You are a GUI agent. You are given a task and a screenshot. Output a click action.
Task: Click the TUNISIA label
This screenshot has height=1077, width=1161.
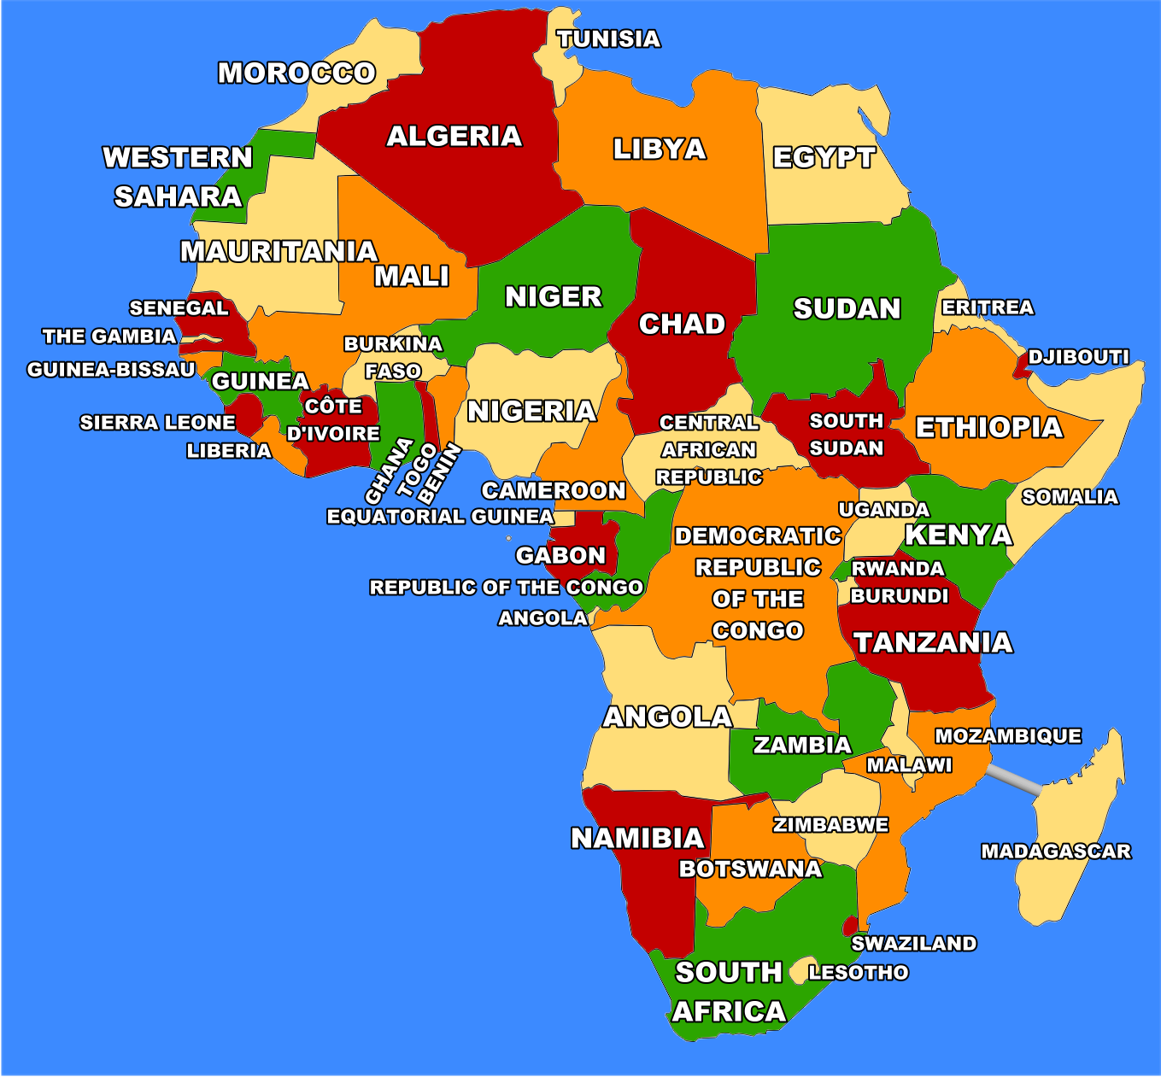608,39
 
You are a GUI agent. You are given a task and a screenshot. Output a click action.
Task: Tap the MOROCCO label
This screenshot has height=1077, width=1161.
296,73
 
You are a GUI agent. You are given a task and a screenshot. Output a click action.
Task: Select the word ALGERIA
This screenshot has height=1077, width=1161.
454,137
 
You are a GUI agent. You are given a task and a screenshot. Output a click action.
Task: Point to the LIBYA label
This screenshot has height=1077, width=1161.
660,149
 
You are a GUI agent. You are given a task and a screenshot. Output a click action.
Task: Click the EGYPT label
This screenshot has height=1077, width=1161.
824,158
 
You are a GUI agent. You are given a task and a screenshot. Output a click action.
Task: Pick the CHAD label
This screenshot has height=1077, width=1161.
682,325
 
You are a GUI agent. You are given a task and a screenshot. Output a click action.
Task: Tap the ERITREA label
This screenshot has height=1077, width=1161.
988,307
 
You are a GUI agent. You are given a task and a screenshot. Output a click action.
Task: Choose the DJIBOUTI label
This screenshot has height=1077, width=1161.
1078,357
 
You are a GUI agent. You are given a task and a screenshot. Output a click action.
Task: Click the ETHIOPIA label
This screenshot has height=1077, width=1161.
988,428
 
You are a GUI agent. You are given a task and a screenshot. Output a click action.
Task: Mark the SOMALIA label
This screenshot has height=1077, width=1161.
1070,497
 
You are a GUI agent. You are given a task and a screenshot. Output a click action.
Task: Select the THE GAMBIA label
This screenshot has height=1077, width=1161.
109,337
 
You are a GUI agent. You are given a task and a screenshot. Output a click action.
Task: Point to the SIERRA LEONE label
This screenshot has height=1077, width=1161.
157,423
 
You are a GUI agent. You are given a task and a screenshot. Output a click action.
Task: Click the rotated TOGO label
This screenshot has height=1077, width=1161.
417,471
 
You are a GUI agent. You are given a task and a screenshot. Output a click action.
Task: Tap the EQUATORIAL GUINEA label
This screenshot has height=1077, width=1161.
440,517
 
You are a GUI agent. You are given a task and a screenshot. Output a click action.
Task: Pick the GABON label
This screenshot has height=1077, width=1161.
560,556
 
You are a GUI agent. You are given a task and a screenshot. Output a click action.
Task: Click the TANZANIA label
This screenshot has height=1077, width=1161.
933,643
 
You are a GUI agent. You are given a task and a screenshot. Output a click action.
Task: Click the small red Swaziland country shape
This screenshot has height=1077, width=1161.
851,926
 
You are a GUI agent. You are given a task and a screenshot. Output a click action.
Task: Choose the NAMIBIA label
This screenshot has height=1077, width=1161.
637,839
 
